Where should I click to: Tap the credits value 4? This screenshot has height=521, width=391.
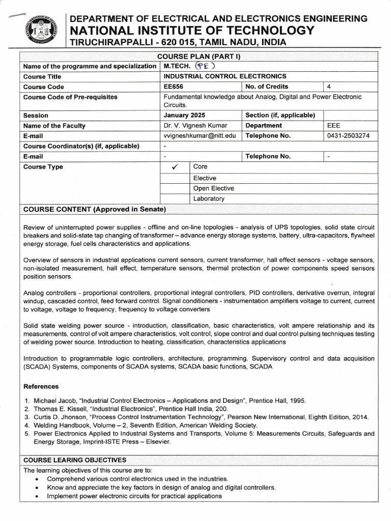coord(329,86)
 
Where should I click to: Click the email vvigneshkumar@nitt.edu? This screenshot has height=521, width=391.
coord(200,136)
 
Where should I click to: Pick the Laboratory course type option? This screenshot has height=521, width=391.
coord(209,199)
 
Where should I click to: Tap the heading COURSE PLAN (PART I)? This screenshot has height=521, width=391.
coord(199,56)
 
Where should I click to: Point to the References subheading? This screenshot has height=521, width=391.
coord(44,386)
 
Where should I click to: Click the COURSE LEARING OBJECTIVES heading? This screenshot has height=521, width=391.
coord(75,460)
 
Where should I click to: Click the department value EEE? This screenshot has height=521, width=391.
coord(334,126)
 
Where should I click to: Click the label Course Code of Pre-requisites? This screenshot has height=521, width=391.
coord(70,97)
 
